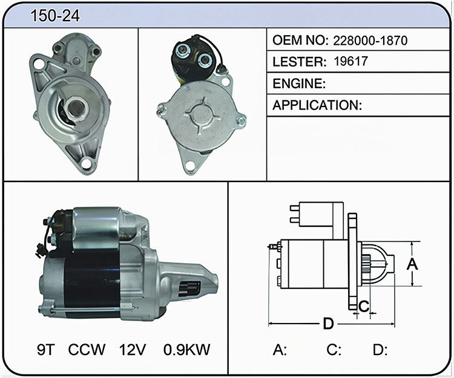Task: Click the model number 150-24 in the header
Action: (55, 15)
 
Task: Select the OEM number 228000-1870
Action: (370, 41)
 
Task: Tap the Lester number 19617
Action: (350, 61)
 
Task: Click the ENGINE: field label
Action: (299, 83)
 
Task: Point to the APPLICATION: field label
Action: (317, 105)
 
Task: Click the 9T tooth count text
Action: (46, 350)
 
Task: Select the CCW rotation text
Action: (87, 350)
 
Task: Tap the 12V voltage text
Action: (133, 350)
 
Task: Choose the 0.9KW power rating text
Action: (187, 350)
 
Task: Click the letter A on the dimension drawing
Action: (412, 264)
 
